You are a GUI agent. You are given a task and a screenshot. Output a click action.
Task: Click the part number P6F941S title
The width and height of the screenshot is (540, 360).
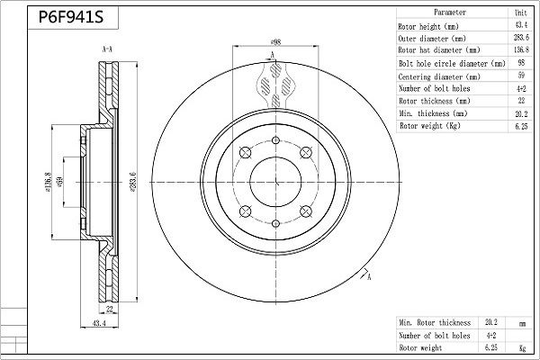[71, 17]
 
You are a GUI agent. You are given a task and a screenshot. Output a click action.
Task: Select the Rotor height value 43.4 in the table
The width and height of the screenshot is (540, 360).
[521, 25]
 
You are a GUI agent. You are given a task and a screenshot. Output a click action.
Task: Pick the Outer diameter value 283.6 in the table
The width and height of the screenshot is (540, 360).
[521, 38]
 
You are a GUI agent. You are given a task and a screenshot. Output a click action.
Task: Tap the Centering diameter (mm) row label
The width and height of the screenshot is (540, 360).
[439, 76]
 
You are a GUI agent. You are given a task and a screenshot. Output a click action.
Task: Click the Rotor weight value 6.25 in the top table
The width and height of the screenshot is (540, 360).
[521, 126]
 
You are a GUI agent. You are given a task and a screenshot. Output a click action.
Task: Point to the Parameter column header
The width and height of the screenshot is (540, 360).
[450, 13]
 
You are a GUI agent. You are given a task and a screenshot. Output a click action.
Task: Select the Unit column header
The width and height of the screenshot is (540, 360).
[521, 13]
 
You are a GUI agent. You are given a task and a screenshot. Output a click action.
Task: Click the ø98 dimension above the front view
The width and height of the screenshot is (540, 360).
[276, 42]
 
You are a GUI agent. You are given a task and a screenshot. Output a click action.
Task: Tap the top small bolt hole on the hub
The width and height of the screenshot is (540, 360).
[275, 140]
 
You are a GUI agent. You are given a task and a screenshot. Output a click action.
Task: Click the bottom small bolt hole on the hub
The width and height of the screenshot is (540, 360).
[275, 223]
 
